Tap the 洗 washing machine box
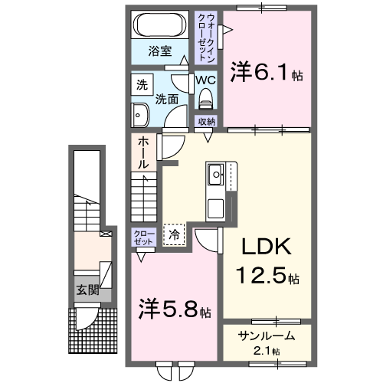[x=141, y=86]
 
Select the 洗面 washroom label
[x=167, y=99]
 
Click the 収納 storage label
[x=207, y=121]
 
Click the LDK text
[x=266, y=247]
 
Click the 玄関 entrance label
[x=87, y=290]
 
